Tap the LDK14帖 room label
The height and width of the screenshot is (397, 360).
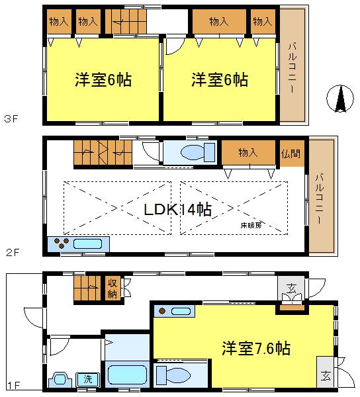point(178,210)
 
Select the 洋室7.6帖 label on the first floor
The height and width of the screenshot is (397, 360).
point(255,347)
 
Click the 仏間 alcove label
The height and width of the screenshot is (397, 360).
point(290,153)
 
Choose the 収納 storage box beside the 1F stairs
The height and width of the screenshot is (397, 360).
point(113,289)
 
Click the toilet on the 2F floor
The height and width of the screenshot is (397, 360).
point(192,153)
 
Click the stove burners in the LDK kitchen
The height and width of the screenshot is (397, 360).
point(60,243)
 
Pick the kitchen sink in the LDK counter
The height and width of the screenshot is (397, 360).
point(88,243)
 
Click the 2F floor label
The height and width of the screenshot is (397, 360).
point(9,252)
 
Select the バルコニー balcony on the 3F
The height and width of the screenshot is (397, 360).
point(292,65)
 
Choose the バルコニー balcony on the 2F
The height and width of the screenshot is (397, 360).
point(321,197)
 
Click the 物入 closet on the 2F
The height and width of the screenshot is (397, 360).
point(248,153)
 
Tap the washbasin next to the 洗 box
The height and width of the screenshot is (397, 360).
point(62,380)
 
